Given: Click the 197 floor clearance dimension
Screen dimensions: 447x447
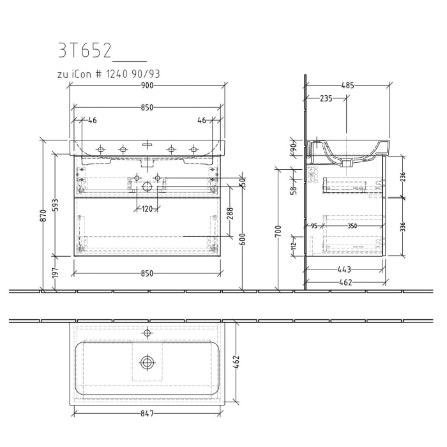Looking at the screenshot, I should (x=57, y=273).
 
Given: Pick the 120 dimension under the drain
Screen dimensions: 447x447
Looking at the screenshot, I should (x=148, y=209).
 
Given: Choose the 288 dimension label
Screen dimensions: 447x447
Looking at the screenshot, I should (x=229, y=211).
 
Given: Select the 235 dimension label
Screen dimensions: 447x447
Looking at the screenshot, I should (x=326, y=98).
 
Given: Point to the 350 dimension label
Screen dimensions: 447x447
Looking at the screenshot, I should (x=351, y=225).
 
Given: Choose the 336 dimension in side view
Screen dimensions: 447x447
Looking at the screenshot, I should (x=404, y=227).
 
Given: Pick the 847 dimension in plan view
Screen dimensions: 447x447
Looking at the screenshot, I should (x=147, y=414).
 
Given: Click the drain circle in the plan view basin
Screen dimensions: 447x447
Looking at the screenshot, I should (x=148, y=362).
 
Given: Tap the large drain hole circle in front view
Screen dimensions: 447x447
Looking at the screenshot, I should (x=148, y=186).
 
